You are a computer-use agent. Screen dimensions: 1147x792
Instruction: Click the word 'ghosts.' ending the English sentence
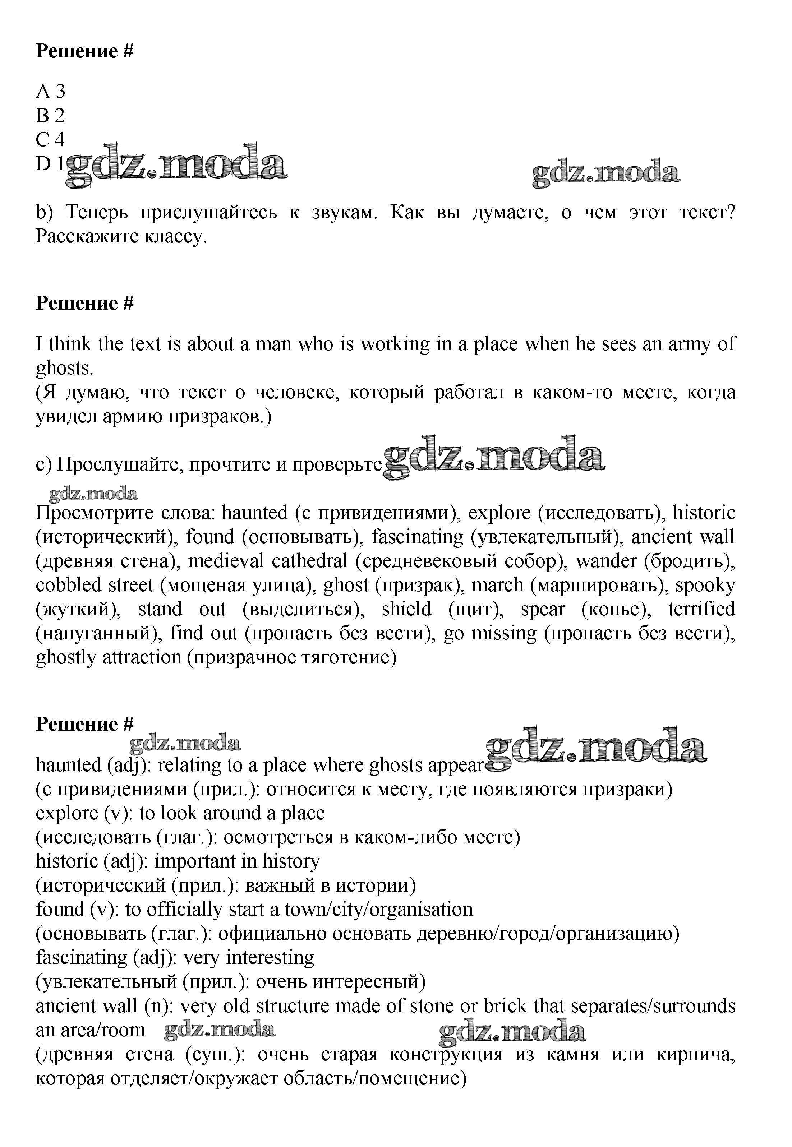(65, 368)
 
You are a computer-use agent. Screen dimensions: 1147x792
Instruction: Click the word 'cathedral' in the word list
(309, 561)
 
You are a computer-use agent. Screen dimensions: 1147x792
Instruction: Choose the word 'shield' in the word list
(406, 609)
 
